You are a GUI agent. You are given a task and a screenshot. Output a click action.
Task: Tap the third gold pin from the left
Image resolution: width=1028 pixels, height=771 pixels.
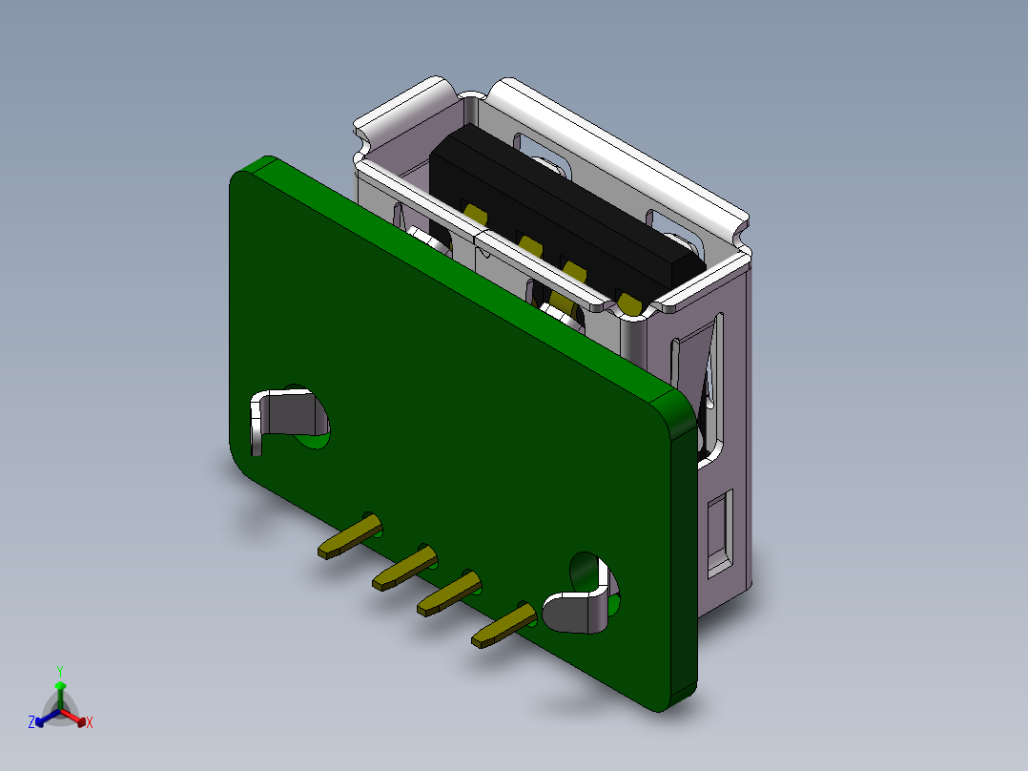445,593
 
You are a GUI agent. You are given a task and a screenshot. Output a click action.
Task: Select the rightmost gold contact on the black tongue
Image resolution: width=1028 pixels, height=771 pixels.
629,303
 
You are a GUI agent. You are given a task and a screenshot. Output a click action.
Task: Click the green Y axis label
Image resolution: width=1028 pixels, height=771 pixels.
59,671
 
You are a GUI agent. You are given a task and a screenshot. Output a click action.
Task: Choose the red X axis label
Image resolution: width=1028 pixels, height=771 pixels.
90,723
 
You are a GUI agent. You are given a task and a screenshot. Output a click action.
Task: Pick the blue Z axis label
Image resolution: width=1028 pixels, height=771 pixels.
31,723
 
